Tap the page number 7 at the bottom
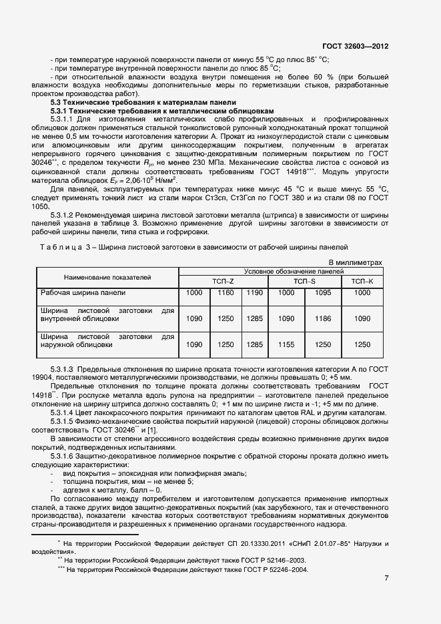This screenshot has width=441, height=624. pyautogui.click(x=386, y=577)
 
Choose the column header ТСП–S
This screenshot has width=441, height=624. pyautogui.click(x=304, y=282)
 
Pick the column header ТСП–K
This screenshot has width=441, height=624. pyautogui.click(x=362, y=282)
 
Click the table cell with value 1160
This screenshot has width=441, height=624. pyautogui.click(x=226, y=293)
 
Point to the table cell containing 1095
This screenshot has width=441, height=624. pyautogui.click(x=322, y=293)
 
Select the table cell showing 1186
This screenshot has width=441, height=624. pyautogui.click(x=322, y=319)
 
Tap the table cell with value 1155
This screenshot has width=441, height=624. pyautogui.click(x=286, y=344)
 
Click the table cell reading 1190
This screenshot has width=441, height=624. pyautogui.click(x=254, y=293)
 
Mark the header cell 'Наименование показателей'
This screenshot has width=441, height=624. pyautogui.click(x=107, y=276)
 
